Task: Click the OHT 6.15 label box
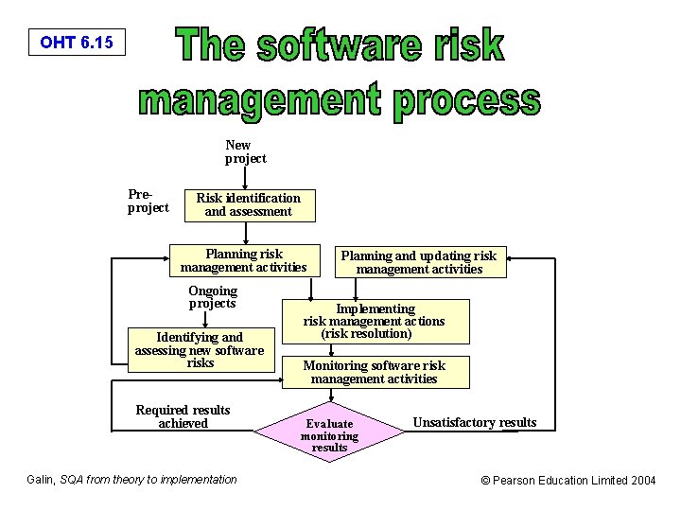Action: point(77,43)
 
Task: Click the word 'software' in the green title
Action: point(348,45)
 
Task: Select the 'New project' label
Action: point(245,151)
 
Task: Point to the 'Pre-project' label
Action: point(148,201)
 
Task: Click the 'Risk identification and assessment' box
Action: point(248,204)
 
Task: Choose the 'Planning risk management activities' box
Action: point(244,260)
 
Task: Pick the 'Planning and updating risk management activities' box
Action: point(418,262)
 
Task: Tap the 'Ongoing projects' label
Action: point(213,297)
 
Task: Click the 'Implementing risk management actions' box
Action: point(374,321)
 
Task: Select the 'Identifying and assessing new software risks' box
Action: point(200,349)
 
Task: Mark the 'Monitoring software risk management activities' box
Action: point(374,372)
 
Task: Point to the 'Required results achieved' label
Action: point(183,416)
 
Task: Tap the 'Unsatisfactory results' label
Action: point(475,422)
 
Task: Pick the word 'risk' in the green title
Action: point(465,45)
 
